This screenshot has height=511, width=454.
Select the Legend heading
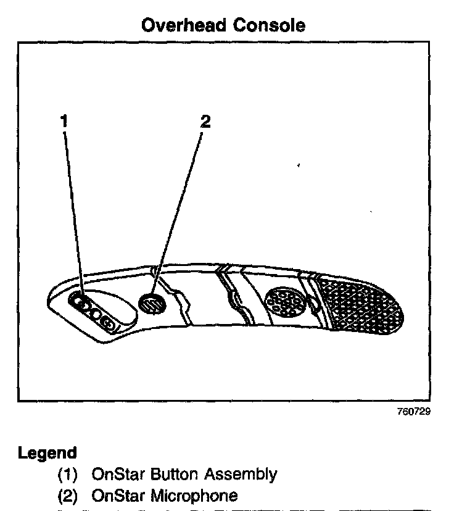click(x=47, y=453)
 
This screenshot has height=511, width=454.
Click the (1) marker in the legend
click(x=68, y=475)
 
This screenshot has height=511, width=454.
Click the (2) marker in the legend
click(x=68, y=495)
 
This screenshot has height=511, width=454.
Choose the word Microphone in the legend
click(x=194, y=495)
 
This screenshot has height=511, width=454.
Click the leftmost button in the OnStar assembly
click(x=78, y=302)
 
